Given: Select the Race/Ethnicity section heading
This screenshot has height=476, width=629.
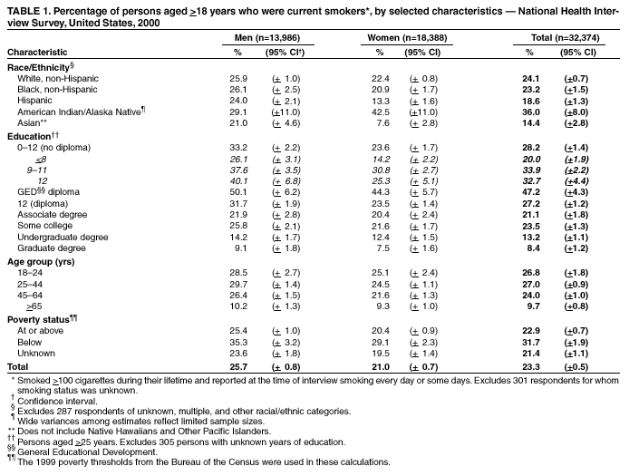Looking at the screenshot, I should tap(40, 68).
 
